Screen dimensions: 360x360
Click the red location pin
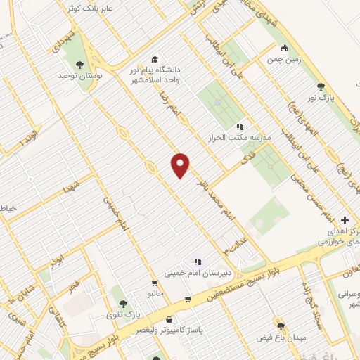click(181, 165)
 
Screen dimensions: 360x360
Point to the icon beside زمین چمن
click(284, 49)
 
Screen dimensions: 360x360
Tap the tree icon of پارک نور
click(321, 86)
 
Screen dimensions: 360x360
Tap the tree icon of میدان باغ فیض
click(281, 327)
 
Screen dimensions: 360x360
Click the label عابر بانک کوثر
click(81, 8)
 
